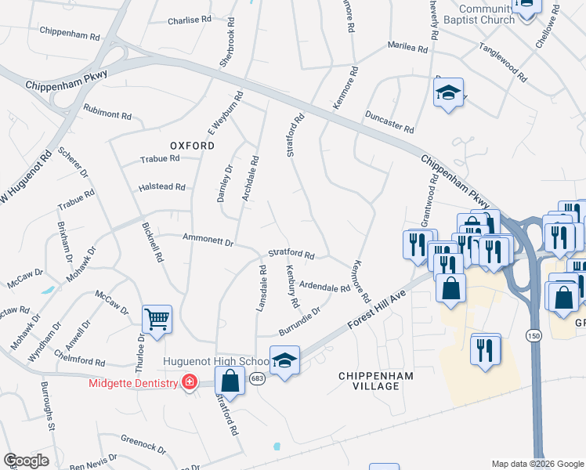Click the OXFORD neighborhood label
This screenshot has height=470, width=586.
[x=192, y=146]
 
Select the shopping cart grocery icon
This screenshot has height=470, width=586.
[x=157, y=320]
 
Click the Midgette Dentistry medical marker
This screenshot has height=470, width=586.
[x=189, y=381]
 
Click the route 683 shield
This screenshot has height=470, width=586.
[x=257, y=378]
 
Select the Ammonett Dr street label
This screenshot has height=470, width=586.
[x=208, y=240]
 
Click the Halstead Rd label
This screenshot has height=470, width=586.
[x=161, y=187]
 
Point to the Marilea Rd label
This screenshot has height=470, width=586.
[x=408, y=48]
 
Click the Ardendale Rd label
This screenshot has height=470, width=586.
[x=324, y=287]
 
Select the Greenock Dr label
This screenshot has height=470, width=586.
[x=143, y=446]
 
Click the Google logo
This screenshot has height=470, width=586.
[x=27, y=461]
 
